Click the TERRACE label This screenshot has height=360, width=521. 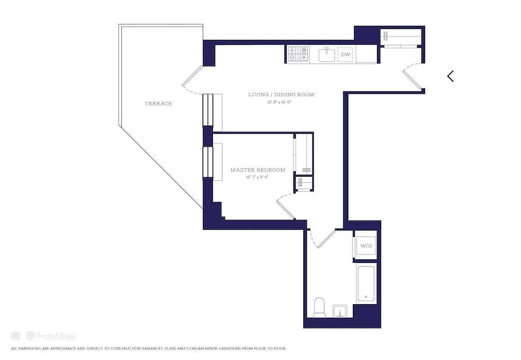click(158, 103)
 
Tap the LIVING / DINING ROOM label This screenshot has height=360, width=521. click(281, 94)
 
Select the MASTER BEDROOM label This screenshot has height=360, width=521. click(258, 170)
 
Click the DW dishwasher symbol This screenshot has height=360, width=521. click(345, 55)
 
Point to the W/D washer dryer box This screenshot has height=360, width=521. click(366, 246)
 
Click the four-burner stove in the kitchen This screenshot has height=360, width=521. click(298, 54)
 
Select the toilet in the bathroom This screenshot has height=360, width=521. click(319, 307)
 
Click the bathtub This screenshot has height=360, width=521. click(366, 284)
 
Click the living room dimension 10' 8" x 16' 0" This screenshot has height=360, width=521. click(281, 102)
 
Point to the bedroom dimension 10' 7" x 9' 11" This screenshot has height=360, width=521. click(258, 177)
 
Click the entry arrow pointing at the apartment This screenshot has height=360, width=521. click(450, 76)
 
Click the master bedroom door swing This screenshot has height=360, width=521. click(285, 205)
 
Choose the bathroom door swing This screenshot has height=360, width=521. click(322, 238)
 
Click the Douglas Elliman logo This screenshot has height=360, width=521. click(50, 336)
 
